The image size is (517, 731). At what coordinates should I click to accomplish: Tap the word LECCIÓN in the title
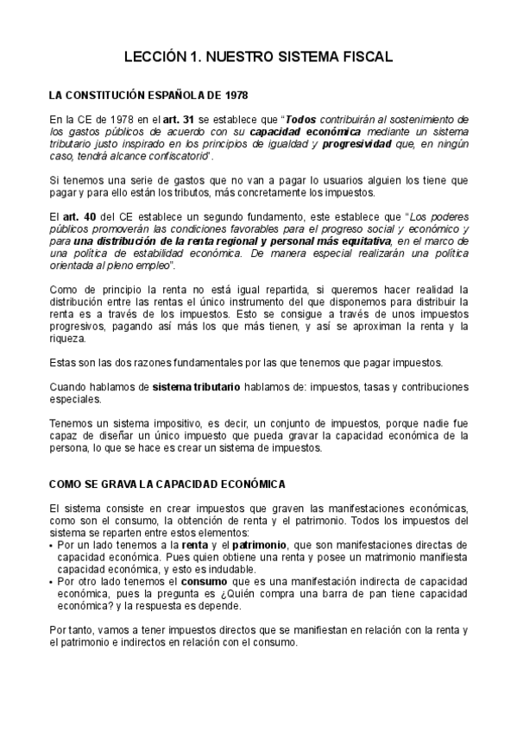point(152,57)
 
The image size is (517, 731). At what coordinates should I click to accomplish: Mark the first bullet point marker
point(50,547)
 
